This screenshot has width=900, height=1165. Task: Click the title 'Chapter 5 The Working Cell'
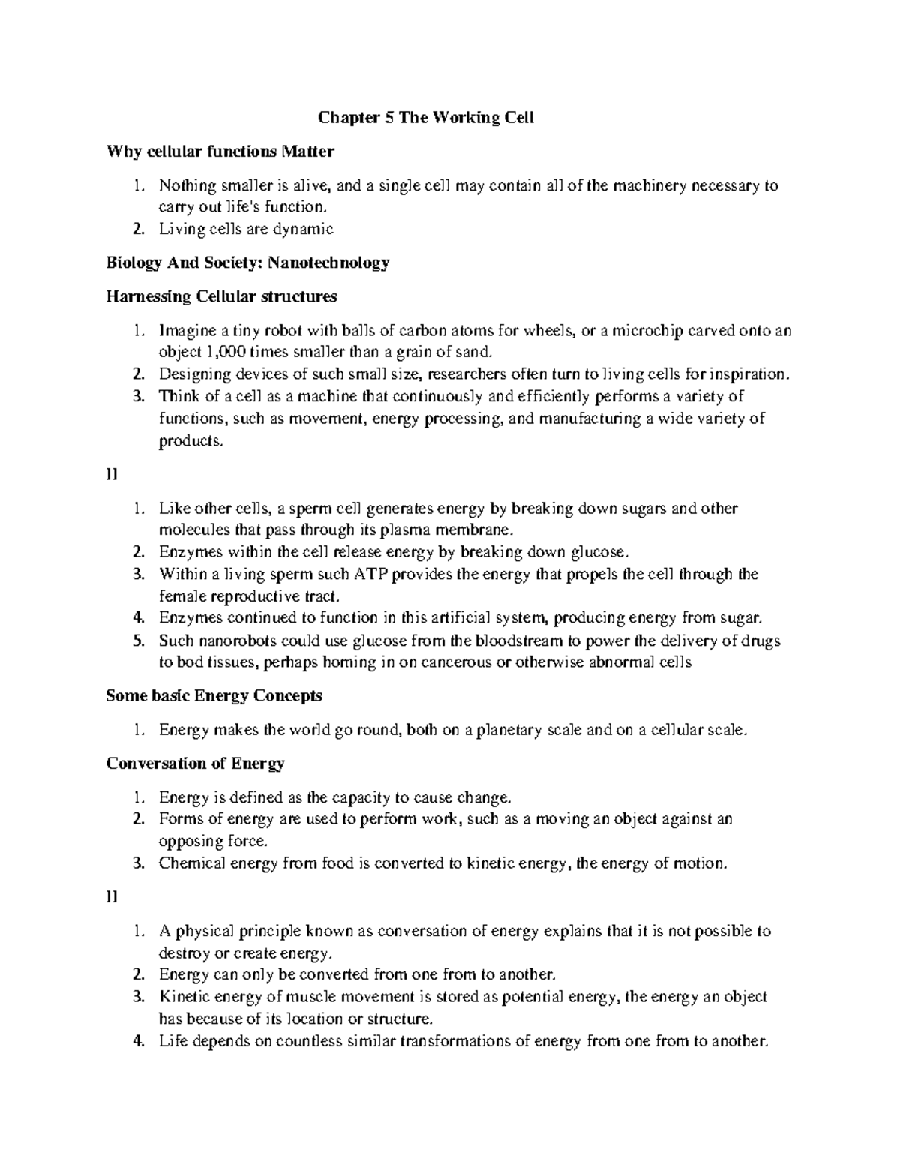point(426,118)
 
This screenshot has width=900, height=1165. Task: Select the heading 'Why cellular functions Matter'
point(220,152)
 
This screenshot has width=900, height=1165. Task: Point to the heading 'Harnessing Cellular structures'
point(221,296)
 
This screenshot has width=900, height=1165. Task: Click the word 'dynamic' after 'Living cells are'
point(305,229)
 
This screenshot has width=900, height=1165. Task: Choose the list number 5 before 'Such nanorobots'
point(137,641)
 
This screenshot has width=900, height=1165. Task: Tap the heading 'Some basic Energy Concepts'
point(214,696)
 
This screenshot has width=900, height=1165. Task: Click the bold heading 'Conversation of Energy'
point(196,764)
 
